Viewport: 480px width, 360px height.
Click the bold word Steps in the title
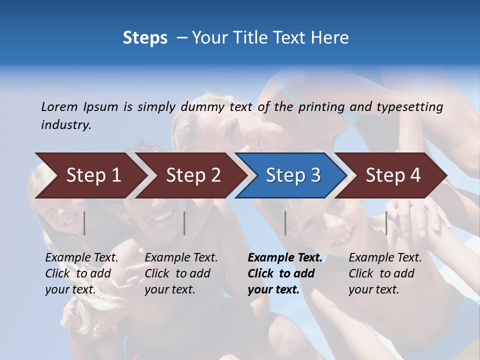[145, 38]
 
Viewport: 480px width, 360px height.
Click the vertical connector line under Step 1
[84, 223]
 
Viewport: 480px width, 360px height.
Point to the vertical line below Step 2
[184, 223]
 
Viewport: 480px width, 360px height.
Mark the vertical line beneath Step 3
[285, 223]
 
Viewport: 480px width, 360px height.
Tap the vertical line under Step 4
[386, 223]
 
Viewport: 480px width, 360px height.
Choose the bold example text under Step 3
[284, 273]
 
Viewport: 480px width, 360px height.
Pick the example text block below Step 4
[385, 273]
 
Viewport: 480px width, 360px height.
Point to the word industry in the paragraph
[66, 125]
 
